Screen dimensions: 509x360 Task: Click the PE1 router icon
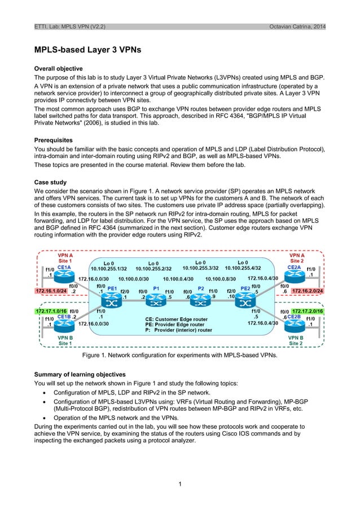coord(112,301)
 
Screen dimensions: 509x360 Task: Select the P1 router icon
coord(156,301)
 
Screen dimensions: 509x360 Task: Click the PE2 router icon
coord(245,301)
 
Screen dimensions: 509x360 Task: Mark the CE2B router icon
coord(295,326)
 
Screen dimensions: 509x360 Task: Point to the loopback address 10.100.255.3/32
coord(200,268)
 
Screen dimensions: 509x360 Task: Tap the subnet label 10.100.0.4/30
coord(178,278)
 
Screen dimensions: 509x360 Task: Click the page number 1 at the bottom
coord(179,484)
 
